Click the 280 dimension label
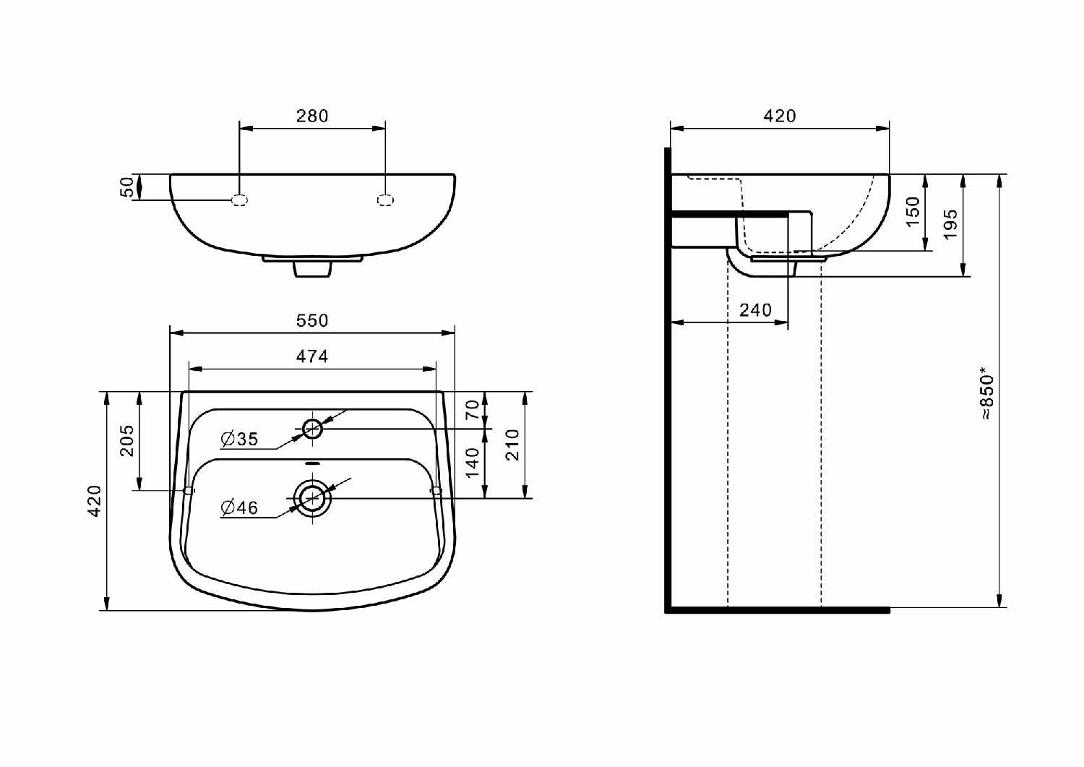click(x=312, y=116)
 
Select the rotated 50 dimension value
click(x=126, y=187)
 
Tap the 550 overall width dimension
click(x=312, y=320)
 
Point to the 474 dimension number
click(x=312, y=356)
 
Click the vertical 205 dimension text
click(x=126, y=441)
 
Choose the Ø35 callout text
click(x=239, y=439)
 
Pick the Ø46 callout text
click(x=239, y=507)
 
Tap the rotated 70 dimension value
click(x=473, y=410)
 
